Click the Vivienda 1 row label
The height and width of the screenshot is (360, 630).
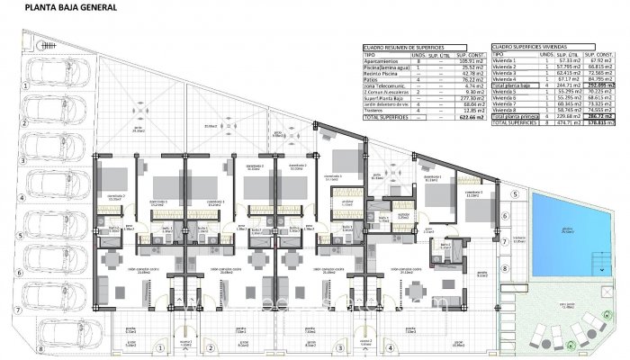505,59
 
